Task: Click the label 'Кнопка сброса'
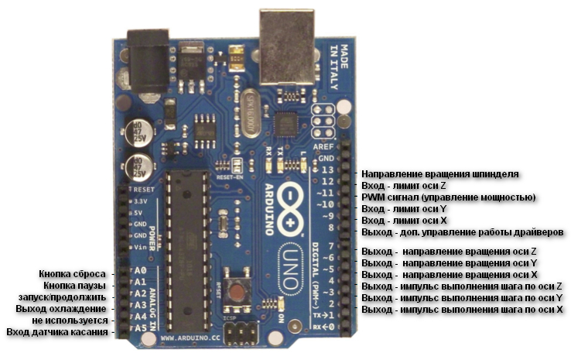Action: pyautogui.click(x=74, y=274)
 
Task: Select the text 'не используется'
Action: pyautogui.click(x=72, y=321)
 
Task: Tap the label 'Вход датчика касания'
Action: pyautogui.click(x=58, y=332)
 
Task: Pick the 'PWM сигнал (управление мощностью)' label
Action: pyautogui.click(x=449, y=197)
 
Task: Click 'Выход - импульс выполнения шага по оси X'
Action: pyautogui.click(x=462, y=310)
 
